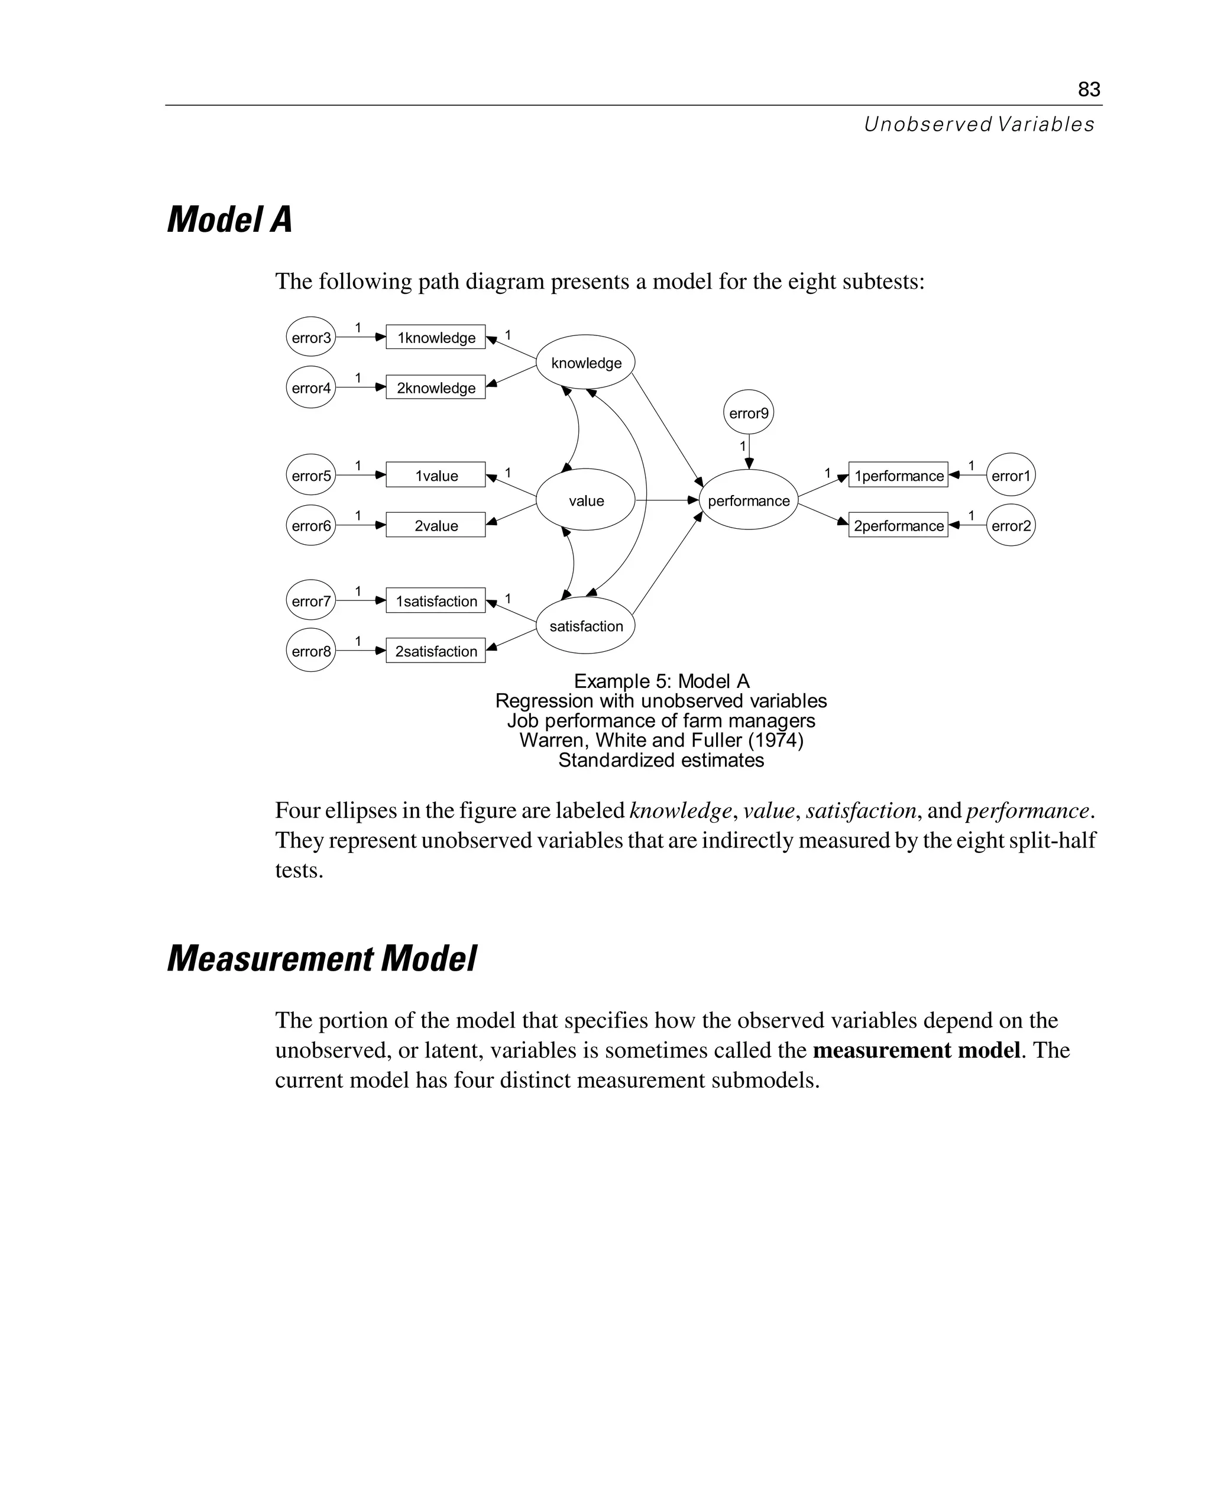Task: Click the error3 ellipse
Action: [x=310, y=338]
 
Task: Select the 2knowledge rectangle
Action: [x=435, y=388]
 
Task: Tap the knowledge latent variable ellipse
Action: [x=585, y=362]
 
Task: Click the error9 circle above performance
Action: [x=748, y=412]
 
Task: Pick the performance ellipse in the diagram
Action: [x=748, y=500]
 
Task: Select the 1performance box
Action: [x=898, y=475]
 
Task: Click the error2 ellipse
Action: [x=1010, y=525]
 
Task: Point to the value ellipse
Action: [x=585, y=500]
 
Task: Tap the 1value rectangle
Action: [x=435, y=475]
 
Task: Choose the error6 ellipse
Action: [x=310, y=525]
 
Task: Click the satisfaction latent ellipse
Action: [x=585, y=626]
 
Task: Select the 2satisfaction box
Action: [x=435, y=651]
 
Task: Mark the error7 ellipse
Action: [x=310, y=601]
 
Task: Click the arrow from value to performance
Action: [x=666, y=500]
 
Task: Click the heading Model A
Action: [x=229, y=220]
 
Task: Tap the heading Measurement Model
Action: [x=322, y=959]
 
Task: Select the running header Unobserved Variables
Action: [x=979, y=125]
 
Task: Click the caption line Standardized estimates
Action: [x=660, y=760]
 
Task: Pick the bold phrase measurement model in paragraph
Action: [x=916, y=1050]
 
